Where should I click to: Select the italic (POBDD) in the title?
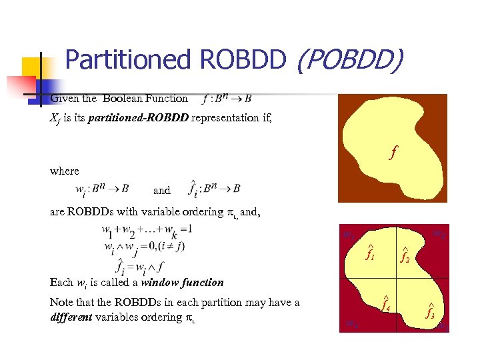pos(349,61)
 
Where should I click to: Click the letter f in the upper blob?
pos(394,152)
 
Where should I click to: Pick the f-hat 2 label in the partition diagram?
pos(405,255)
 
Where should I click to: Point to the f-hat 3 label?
pos(431,311)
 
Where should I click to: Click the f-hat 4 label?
pos(385,305)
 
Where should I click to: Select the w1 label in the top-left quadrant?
pos(349,235)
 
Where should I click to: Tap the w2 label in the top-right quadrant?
pos(439,234)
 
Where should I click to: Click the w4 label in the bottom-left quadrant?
pos(351,324)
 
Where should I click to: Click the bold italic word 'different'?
pos(73,317)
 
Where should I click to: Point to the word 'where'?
pos(65,171)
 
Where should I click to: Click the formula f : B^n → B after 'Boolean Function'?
pos(226,99)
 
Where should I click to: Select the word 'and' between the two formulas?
pos(162,191)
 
